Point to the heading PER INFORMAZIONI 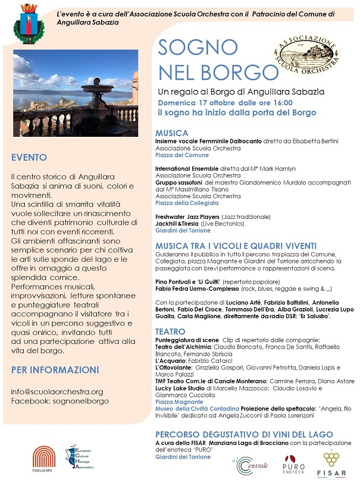[x=55, y=370]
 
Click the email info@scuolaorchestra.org [x=57, y=391]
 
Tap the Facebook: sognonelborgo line [x=60, y=401]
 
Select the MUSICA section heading [x=172, y=133]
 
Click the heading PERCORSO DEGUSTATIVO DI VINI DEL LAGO [x=245, y=435]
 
